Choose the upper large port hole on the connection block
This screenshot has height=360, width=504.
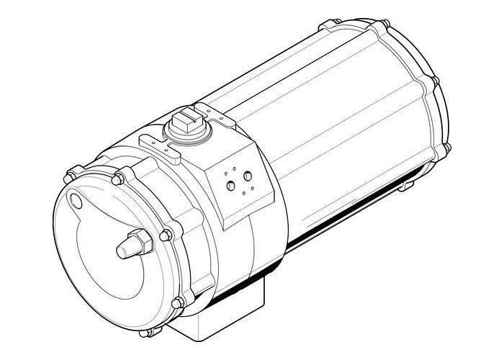point(248,176)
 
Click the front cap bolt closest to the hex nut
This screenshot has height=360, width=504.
point(166,235)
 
